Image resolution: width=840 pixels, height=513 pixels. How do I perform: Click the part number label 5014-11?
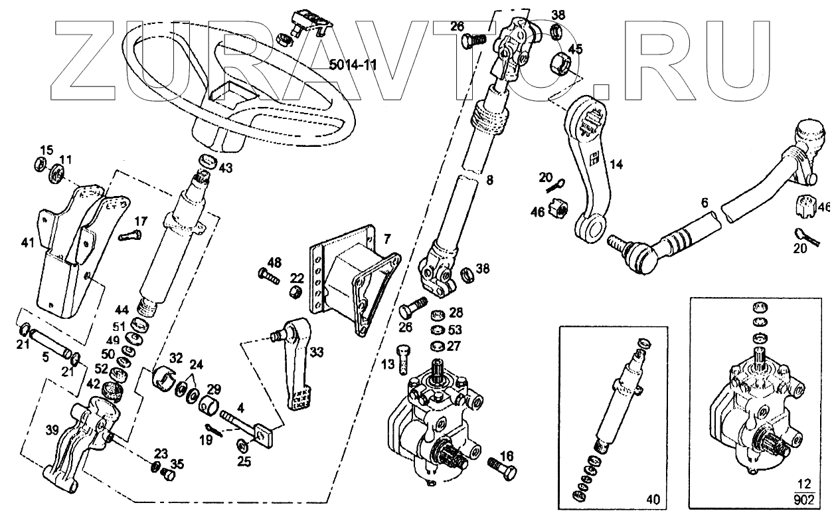(x=354, y=64)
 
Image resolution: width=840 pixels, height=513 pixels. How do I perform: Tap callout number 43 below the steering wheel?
(x=226, y=169)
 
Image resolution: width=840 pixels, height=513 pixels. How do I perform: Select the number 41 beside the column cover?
(x=27, y=244)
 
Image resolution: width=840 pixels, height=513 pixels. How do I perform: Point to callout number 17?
(x=141, y=221)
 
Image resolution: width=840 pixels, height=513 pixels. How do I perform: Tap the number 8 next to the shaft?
(x=490, y=179)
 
